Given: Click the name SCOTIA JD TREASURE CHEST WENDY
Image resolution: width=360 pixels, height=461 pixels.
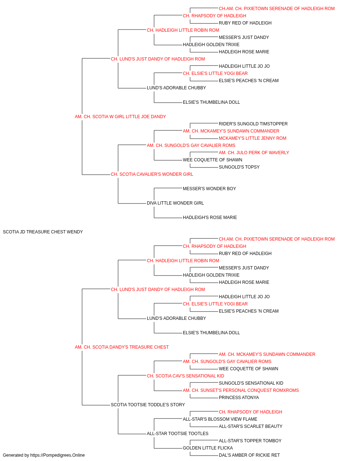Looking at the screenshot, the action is tap(43, 232).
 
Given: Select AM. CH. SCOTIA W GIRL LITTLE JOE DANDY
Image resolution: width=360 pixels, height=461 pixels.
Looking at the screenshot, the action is tap(120, 117).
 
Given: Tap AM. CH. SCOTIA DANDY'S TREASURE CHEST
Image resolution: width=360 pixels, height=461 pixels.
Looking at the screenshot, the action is tap(122, 347).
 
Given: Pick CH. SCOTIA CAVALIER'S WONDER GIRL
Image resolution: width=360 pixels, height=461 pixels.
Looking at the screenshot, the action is tap(152, 174).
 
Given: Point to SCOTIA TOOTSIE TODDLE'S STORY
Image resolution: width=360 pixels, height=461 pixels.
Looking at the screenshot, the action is tap(148, 405).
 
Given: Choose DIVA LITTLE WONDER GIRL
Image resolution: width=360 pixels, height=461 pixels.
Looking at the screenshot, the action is tap(175, 203).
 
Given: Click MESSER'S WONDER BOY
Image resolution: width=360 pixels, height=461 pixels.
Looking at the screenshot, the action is tap(209, 189).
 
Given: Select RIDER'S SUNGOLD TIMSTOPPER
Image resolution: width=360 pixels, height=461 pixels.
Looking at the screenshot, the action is tap(253, 124).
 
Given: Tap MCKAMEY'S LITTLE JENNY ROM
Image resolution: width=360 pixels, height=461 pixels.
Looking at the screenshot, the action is tap(252, 138).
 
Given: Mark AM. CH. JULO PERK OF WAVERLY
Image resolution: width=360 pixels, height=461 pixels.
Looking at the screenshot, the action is tap(254, 153).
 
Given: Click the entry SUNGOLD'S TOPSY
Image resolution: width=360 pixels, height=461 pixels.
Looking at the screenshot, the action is tap(239, 167).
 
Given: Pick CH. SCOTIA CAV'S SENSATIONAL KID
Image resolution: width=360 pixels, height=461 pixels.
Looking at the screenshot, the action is tap(185, 376).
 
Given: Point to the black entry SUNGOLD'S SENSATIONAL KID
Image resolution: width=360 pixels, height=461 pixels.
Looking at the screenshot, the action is tap(251, 383).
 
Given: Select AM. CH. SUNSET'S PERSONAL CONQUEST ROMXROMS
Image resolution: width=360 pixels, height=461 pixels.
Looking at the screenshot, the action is tap(241, 390).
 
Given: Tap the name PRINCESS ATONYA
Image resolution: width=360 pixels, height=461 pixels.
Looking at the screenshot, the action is tap(239, 398).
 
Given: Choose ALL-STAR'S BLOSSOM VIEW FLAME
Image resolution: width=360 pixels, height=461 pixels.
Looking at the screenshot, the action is tap(220, 419).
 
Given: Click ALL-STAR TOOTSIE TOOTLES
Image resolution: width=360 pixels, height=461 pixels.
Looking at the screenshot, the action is tap(178, 434).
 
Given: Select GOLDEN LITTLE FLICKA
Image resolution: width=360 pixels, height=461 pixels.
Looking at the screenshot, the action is tap(208, 448).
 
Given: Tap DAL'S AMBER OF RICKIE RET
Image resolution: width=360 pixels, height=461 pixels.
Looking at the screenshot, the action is tap(249, 455).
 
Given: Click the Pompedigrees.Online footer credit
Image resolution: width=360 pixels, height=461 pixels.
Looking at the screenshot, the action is tap(44, 455).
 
